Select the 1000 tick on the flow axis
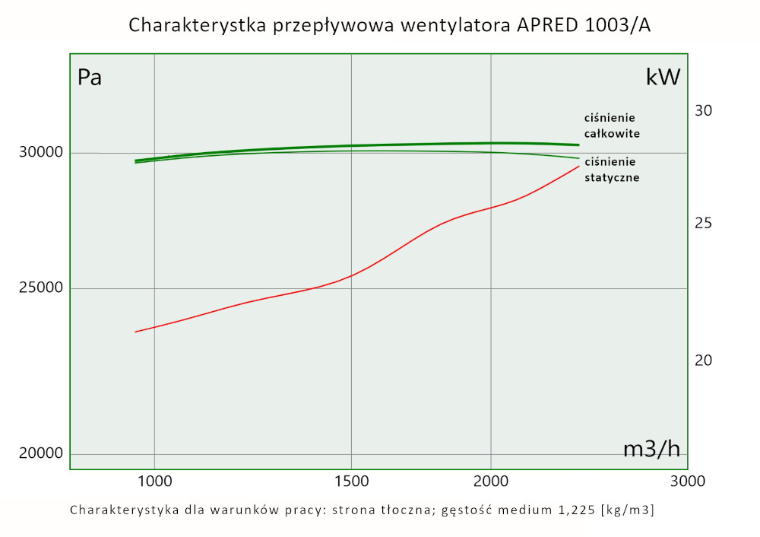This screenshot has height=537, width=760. tap(154, 481)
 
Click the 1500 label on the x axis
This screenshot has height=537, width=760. tap(351, 481)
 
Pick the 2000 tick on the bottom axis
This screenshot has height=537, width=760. tap(491, 481)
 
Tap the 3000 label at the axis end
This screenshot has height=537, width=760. tap(688, 481)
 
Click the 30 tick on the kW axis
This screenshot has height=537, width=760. tap(704, 111)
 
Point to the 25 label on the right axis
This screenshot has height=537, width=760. tap(704, 224)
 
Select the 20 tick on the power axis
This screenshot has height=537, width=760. tap(704, 359)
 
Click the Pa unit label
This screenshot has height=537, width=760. tap(90, 78)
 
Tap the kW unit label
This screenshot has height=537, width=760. tap(663, 78)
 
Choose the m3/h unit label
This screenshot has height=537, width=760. tap(651, 450)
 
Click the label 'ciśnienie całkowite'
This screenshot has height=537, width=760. tap(611, 126)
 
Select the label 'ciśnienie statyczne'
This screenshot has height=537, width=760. tap(611, 170)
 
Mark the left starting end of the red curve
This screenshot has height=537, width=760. tap(135, 332)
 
